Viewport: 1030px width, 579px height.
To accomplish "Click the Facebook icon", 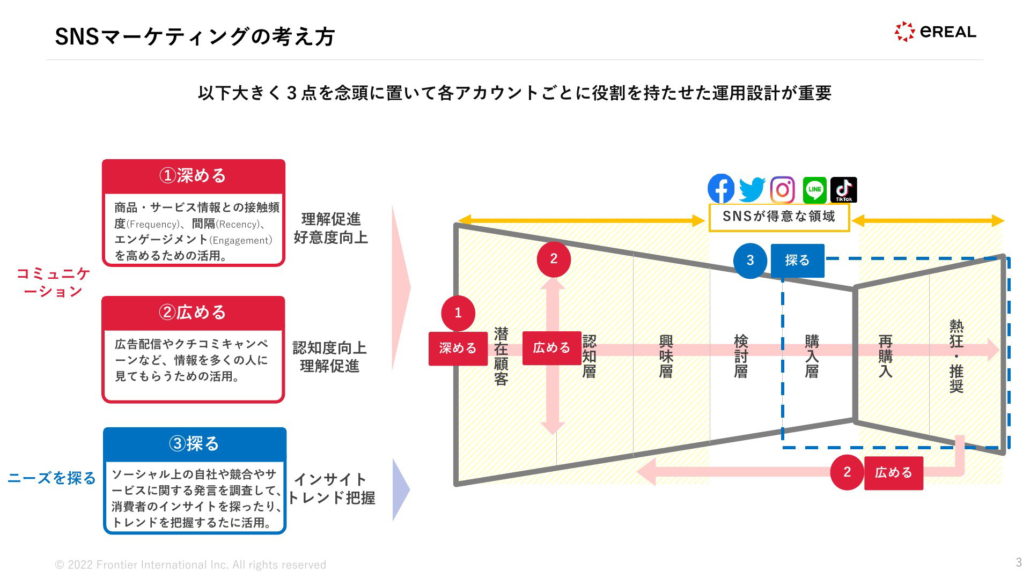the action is [721, 189].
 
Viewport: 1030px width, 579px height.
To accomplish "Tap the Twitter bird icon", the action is [752, 190].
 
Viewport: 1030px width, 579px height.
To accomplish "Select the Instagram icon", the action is [783, 190].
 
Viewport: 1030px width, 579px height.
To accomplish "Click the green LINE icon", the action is [814, 190].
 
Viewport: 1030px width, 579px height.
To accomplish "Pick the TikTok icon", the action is [843, 190].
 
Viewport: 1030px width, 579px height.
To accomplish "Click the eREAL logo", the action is [935, 32].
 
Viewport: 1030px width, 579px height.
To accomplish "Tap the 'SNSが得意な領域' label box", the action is [779, 217].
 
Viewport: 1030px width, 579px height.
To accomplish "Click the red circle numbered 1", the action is [458, 313].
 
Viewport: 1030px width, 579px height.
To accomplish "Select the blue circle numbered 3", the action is [750, 261].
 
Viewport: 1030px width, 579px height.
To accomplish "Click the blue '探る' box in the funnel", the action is [797, 261].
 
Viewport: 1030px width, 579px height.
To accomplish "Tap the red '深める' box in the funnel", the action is [458, 348].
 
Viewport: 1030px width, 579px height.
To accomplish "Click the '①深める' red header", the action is [193, 176].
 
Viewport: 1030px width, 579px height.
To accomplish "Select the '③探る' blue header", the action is [194, 444].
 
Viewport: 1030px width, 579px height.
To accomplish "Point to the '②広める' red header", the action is [193, 313].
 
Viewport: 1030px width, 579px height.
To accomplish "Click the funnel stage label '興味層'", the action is [666, 357].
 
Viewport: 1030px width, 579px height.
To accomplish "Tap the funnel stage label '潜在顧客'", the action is [501, 357].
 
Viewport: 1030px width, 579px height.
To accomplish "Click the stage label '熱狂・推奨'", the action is [956, 356].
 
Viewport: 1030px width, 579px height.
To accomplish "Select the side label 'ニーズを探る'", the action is [51, 478].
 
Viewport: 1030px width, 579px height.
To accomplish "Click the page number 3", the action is [1018, 562].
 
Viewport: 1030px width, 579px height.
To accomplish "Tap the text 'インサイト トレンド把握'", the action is [331, 488].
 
